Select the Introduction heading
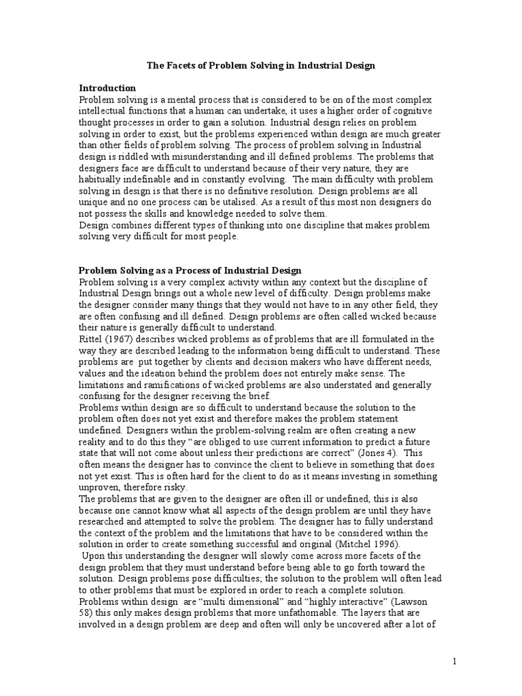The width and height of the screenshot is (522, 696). point(108,88)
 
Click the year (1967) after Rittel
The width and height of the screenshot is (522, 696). point(118,339)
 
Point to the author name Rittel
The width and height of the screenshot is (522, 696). point(91,339)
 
